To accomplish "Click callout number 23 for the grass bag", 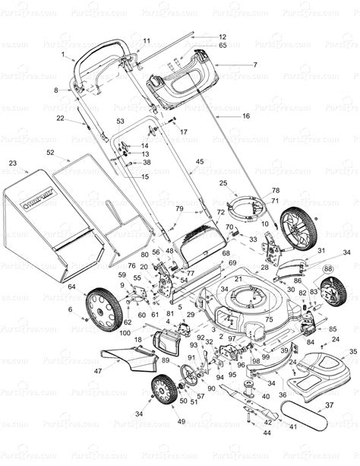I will click(x=13, y=163).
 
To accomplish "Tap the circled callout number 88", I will click(x=329, y=268).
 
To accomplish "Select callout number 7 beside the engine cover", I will click(x=254, y=65).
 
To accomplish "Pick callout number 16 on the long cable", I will click(x=245, y=116).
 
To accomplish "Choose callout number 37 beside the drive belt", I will click(x=329, y=406).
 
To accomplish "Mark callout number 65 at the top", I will click(x=223, y=46).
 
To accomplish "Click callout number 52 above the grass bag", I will click(x=50, y=153).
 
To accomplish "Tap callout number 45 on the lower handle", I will click(x=200, y=162).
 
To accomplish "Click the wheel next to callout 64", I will click(x=100, y=309).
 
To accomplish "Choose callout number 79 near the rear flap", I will click(x=180, y=208).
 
